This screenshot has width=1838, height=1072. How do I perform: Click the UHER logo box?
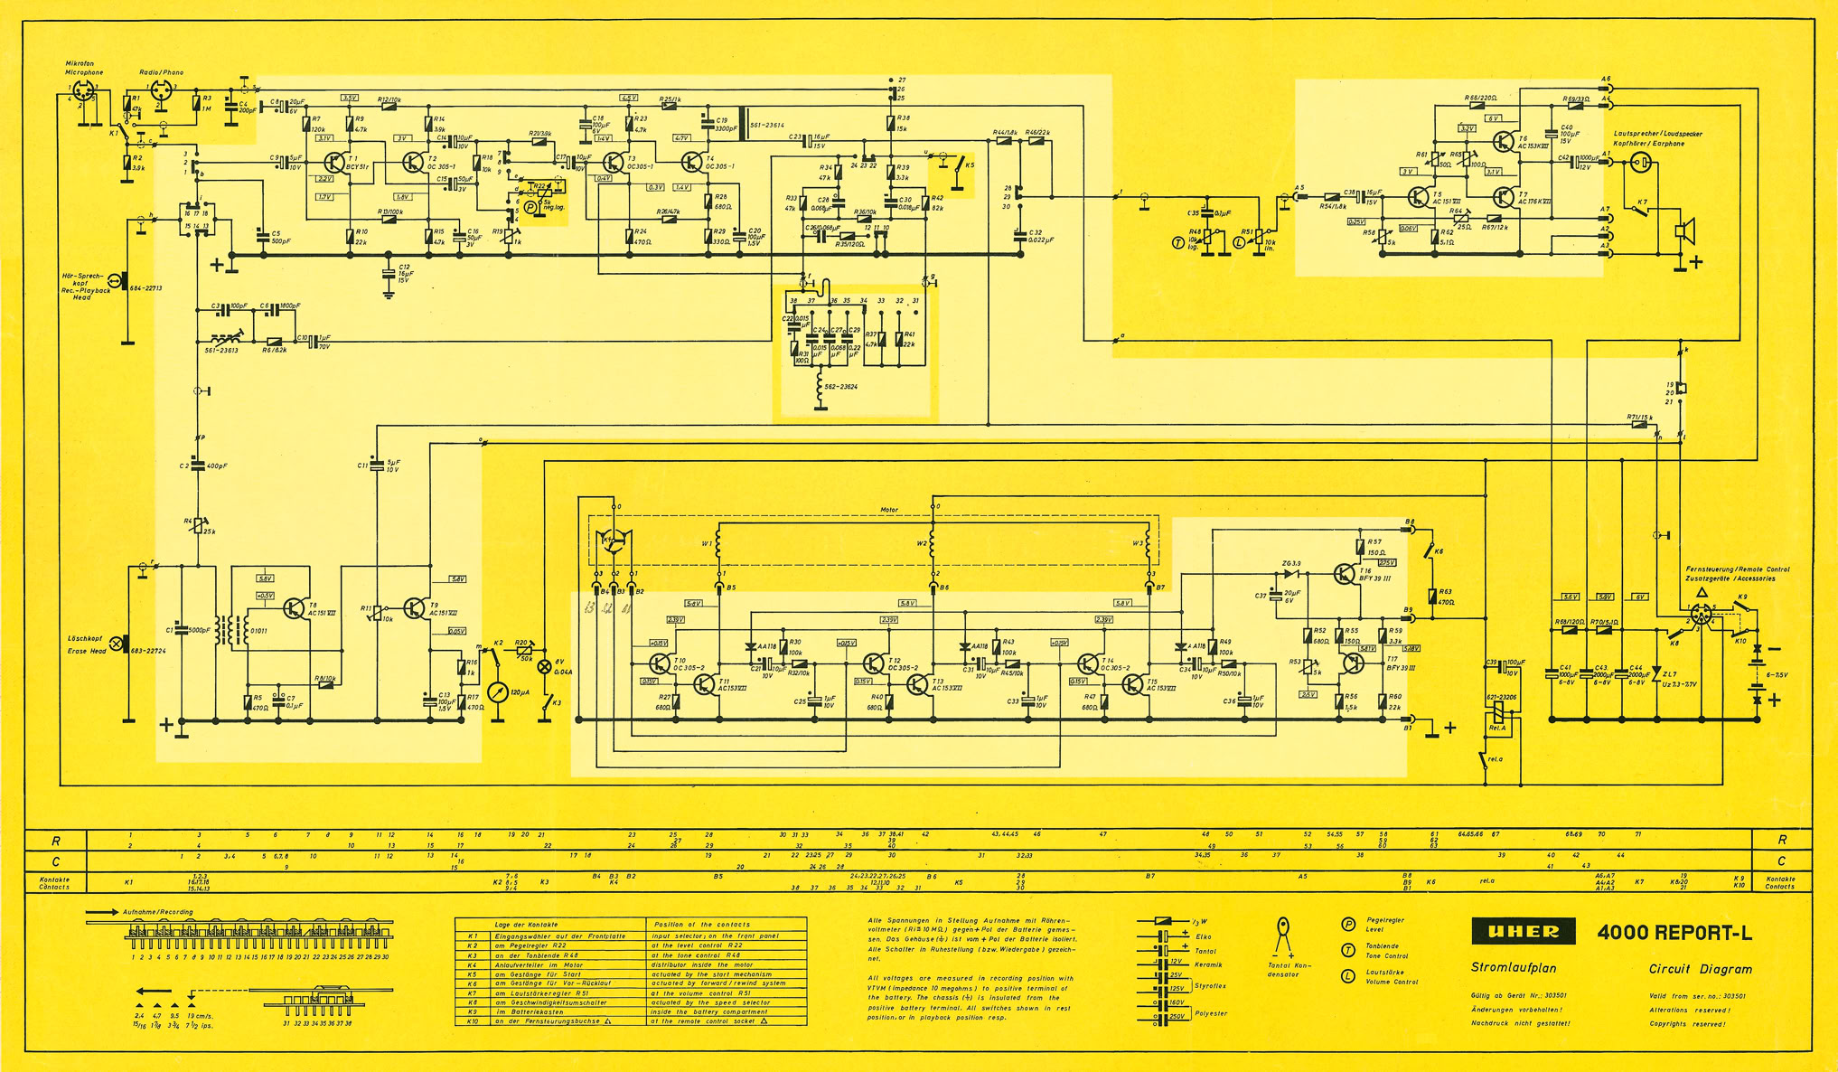pos(1523,931)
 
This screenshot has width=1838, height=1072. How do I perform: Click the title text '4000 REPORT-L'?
pos(1674,934)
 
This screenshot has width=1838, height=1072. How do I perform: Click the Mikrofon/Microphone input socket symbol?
pos(83,92)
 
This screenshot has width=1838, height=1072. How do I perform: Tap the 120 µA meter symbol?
pos(497,692)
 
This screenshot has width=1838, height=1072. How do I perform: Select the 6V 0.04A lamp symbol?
pos(545,667)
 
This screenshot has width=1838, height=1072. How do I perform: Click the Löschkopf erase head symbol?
pos(117,644)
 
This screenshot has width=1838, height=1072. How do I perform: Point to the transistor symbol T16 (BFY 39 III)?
pos(1346,574)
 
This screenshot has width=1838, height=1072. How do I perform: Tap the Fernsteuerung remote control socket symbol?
pos(1701,616)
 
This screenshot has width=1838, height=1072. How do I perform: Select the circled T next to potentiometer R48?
pos(1177,242)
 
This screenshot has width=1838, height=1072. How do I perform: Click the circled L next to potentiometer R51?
pos(1239,242)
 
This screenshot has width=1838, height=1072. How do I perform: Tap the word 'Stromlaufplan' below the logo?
pos(1513,967)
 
